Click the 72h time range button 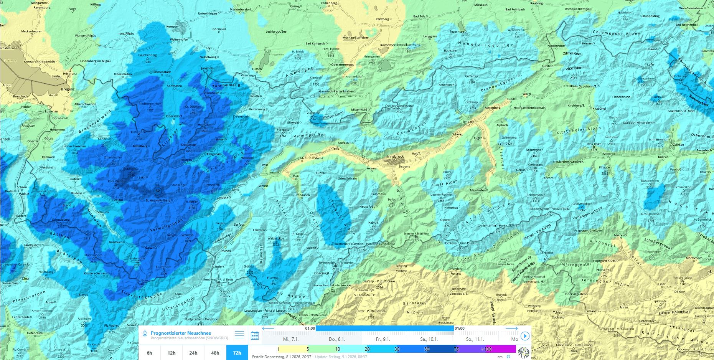coord(237,353)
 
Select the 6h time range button coord(149,353)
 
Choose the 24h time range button coord(193,353)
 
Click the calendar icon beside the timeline coord(255,336)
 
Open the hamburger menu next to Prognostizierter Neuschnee coord(239,335)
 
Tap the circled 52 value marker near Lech coord(157,190)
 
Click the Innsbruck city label coord(396,157)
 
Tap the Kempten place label coord(173,26)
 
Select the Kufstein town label coord(547,66)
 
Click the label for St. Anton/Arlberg coord(158,200)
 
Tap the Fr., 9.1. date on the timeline coord(383,339)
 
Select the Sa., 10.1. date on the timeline coord(429,339)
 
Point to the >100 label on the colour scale coord(486,349)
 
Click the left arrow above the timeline coord(268,329)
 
